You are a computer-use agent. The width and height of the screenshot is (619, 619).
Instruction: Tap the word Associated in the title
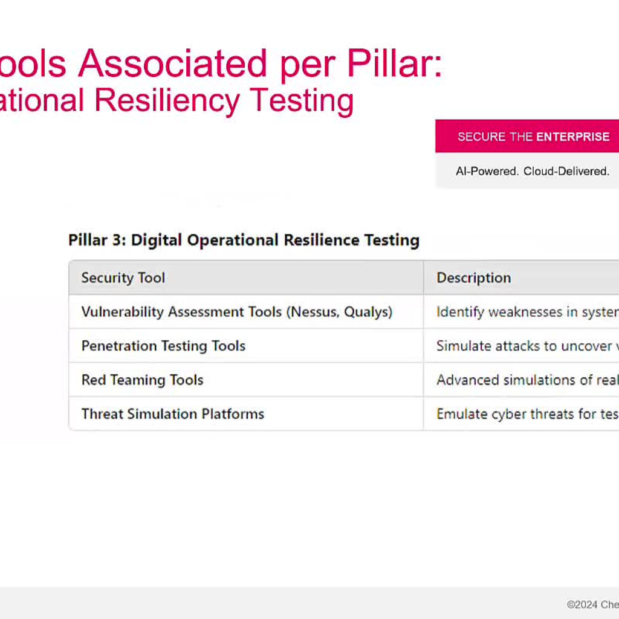(x=173, y=63)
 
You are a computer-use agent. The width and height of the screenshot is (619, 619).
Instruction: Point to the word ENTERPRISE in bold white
(x=573, y=137)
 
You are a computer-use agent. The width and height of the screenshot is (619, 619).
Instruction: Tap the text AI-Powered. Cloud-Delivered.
(x=532, y=171)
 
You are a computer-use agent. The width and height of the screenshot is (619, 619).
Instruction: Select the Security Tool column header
(x=123, y=278)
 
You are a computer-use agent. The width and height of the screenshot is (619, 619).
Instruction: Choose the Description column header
(x=474, y=278)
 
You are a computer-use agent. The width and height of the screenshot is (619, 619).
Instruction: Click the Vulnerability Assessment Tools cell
(x=181, y=312)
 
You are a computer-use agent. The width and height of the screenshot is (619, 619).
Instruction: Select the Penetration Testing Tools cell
(x=163, y=346)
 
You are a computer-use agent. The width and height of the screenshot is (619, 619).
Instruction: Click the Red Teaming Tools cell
(x=142, y=380)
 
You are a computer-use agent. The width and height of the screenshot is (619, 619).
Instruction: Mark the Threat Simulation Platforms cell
(x=173, y=414)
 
